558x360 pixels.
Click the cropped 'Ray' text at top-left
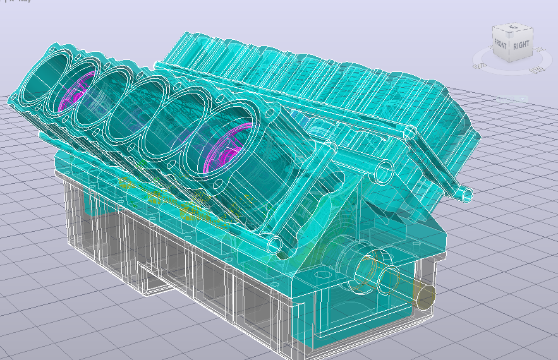(24, 1)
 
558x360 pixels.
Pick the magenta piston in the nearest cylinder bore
(224, 152)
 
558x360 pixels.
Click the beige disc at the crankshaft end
(424, 295)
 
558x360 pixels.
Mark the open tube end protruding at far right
(466, 194)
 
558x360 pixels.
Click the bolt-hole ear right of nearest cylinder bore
(273, 116)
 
